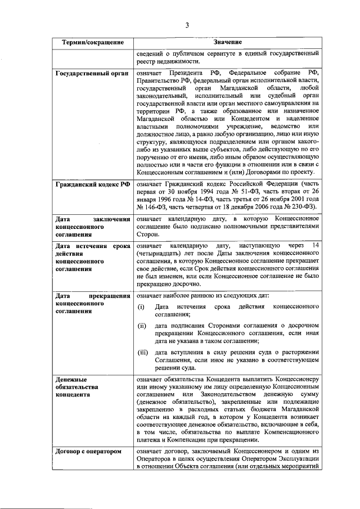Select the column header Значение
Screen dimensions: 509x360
227,43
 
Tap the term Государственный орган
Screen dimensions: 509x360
92,74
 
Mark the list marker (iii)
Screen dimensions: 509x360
143,352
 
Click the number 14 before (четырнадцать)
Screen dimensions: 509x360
316,246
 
